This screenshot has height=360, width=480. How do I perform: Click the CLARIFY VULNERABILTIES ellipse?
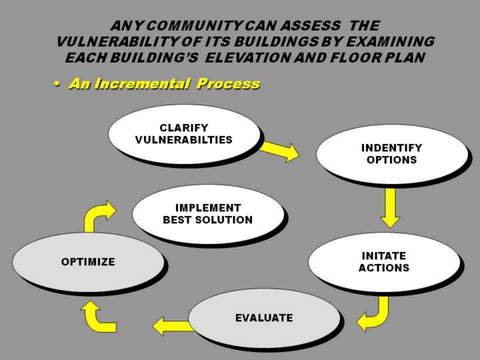[184, 134]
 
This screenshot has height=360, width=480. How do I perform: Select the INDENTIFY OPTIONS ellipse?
[391, 154]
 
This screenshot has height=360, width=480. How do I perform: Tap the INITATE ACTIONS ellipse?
[383, 262]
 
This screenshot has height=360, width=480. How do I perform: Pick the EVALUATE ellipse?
[264, 318]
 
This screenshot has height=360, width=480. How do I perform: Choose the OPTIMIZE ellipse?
[88, 262]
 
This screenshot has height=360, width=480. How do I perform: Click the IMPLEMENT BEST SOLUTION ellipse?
[208, 214]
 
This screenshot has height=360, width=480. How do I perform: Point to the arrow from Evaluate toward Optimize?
[173, 326]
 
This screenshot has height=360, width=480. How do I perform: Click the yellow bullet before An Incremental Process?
[58, 84]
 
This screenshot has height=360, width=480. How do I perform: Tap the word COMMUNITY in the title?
[187, 26]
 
